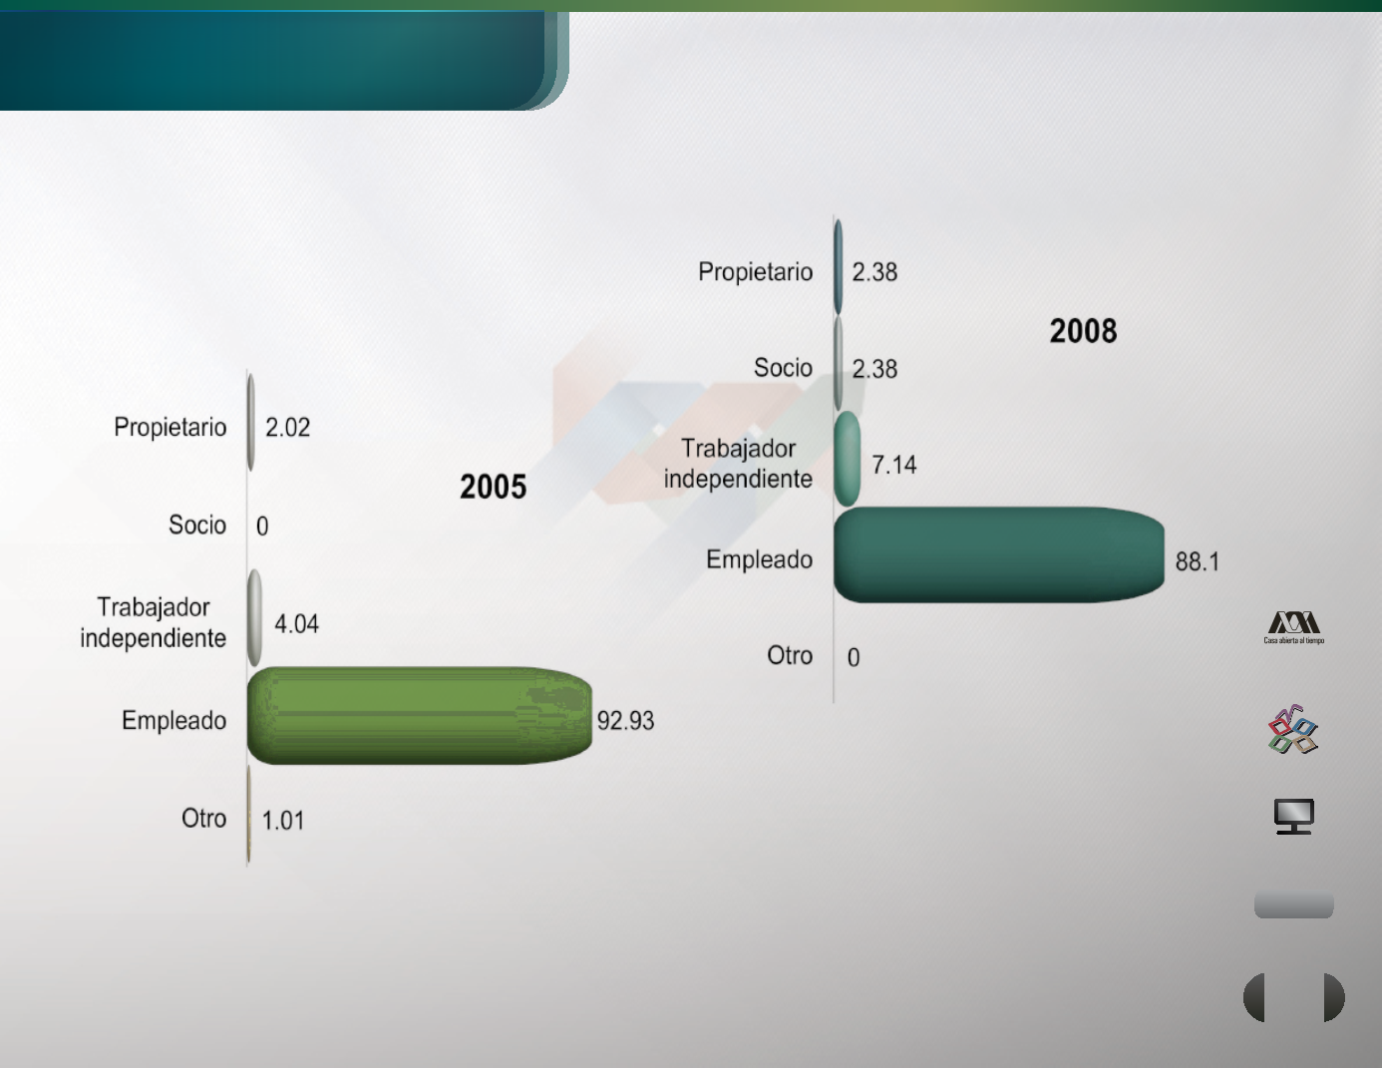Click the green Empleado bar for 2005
click(420, 716)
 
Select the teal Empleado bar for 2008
click(999, 554)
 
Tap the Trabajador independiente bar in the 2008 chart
click(848, 459)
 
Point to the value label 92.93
click(625, 721)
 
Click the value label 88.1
click(1197, 561)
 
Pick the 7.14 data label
click(893, 465)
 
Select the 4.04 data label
click(296, 624)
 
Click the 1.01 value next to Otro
click(283, 821)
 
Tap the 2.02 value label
click(287, 428)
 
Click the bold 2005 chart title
click(493, 487)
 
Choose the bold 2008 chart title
click(1083, 331)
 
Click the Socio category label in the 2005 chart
click(197, 526)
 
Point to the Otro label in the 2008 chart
click(790, 656)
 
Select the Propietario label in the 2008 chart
click(756, 272)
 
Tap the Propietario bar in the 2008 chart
click(839, 267)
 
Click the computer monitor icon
click(1293, 816)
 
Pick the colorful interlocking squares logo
click(1293, 730)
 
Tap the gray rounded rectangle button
click(1293, 904)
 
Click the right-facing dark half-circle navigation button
click(1334, 997)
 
